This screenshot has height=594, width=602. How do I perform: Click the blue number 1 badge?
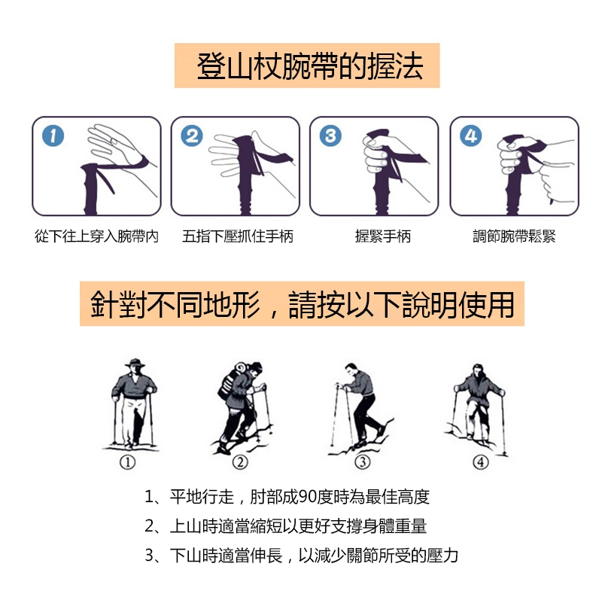point(53,136)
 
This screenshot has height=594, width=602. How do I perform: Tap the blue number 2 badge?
point(192,136)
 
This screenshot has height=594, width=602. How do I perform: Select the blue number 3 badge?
point(330,136)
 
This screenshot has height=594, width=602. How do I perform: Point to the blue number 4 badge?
point(471,136)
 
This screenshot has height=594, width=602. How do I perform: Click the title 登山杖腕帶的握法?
point(310,66)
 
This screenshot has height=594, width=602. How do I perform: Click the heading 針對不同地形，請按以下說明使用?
point(303,304)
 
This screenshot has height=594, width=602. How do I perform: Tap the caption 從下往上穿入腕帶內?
point(96,236)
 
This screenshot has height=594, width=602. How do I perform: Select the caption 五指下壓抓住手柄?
point(238,236)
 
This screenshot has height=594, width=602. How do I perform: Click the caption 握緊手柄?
point(383,236)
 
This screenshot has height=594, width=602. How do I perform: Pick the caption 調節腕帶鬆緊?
point(514,236)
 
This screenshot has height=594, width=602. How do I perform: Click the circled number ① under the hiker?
point(127,461)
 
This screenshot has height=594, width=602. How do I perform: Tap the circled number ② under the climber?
point(240,461)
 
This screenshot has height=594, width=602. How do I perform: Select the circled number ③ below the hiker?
point(363,461)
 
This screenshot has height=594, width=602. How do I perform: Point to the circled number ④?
point(481,461)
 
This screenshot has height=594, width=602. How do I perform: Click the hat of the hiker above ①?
point(135,363)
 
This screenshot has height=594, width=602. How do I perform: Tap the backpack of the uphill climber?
point(230,380)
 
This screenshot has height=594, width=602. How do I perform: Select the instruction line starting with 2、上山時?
point(286,526)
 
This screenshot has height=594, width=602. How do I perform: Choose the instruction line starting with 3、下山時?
point(302,555)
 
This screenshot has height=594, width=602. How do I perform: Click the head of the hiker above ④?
point(477,370)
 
